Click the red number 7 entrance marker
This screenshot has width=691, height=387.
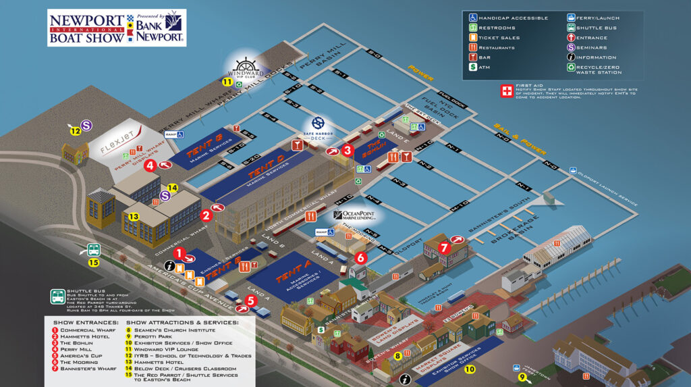(443, 247)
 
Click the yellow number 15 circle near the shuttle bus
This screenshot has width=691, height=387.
(94, 263)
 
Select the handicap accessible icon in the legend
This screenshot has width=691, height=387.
(473, 18)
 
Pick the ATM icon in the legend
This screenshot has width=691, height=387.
(473, 68)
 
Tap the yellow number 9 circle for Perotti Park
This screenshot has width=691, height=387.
(522, 377)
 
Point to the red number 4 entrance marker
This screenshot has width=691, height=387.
(150, 164)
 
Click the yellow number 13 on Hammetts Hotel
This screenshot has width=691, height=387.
(134, 216)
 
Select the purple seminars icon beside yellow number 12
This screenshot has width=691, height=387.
(87, 125)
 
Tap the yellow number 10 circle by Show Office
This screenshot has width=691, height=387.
(470, 369)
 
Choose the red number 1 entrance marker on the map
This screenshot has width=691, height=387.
(179, 253)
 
